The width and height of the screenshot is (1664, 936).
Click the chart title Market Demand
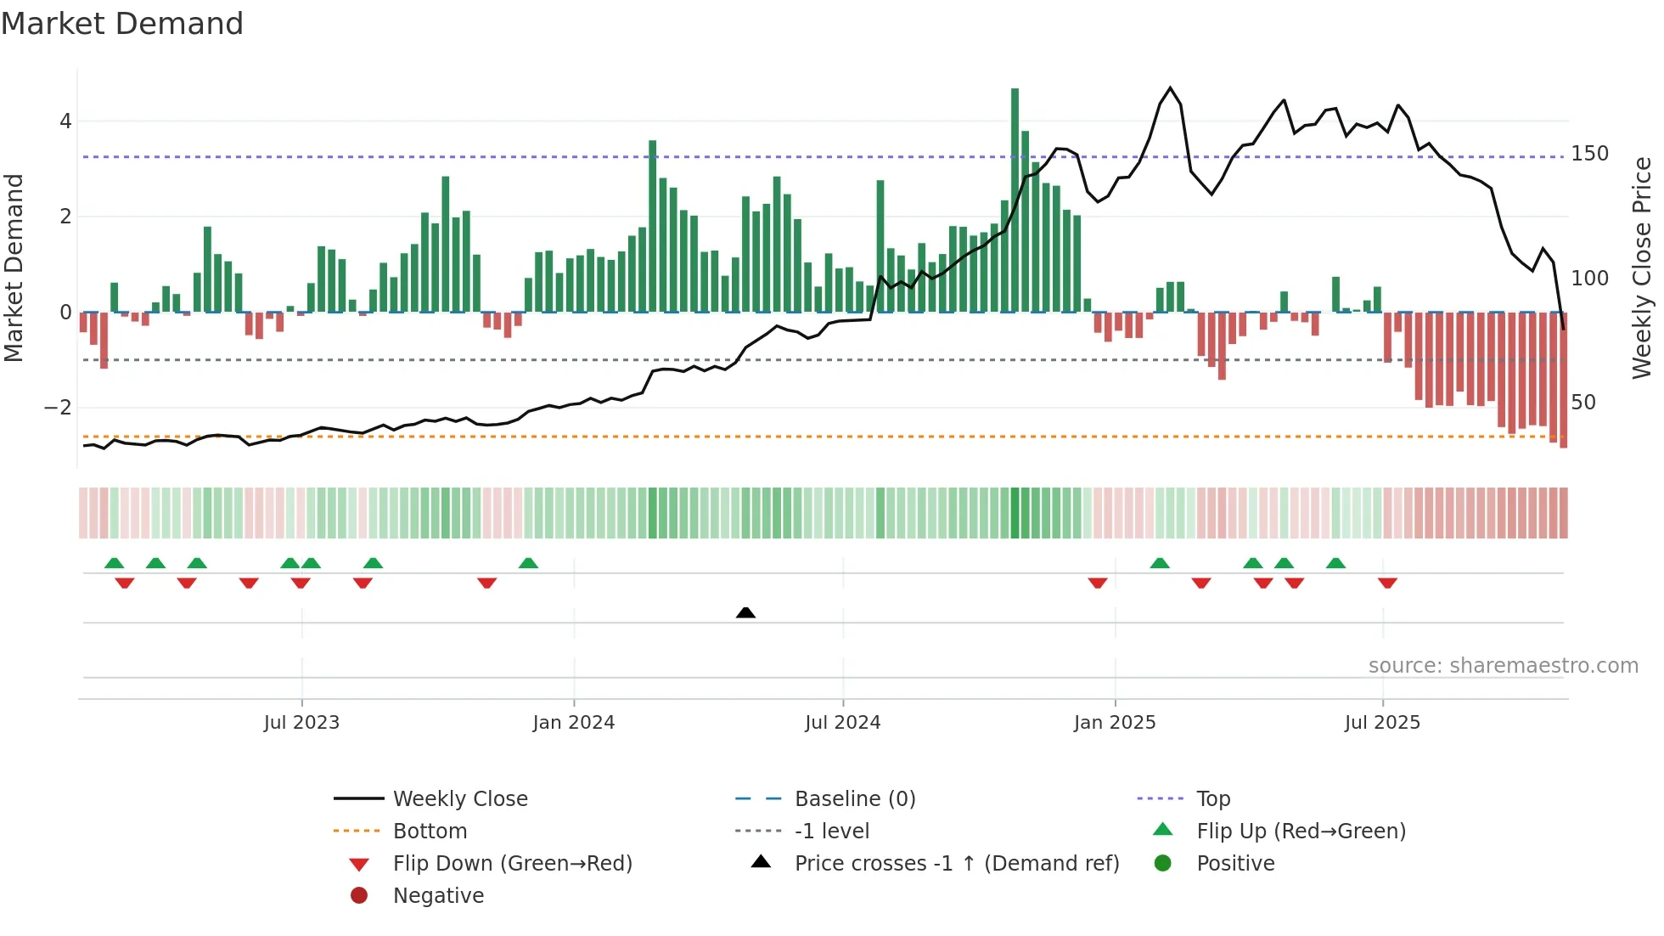pos(122,24)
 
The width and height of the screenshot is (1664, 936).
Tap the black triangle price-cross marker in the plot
pos(745,612)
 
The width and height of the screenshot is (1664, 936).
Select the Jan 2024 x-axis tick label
pos(573,723)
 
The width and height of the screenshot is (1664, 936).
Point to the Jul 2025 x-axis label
pos(1382,723)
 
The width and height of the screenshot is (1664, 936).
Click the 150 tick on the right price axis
pos(1589,154)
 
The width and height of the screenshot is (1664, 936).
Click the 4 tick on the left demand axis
pos(65,121)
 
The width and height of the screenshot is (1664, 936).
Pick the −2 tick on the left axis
pos(59,408)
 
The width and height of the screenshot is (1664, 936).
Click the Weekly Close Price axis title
pos(1642,268)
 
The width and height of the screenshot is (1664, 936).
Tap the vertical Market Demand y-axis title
pos(14,268)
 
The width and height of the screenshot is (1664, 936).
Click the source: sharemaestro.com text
pos(1503,666)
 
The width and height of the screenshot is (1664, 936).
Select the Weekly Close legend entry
pos(460,799)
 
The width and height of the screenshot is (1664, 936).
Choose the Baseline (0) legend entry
pos(854,799)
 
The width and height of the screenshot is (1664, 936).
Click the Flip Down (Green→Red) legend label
pos(512,864)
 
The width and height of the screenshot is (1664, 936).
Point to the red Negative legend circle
pos(359,896)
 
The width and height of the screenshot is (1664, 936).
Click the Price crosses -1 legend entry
pos(956,864)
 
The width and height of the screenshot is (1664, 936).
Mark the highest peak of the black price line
pos(1171,88)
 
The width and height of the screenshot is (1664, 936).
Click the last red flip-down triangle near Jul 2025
pos(1387,583)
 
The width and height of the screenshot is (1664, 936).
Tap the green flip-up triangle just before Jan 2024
pos(528,563)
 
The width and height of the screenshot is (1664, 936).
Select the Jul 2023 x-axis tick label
pos(301,723)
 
